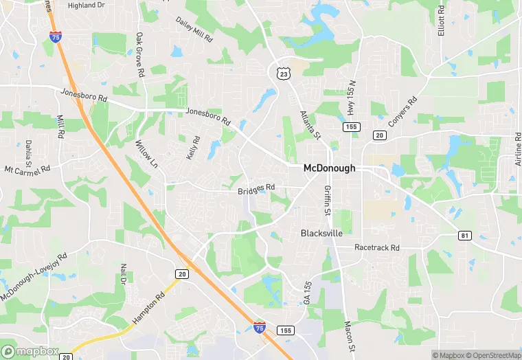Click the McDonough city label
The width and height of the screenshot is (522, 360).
point(330,168)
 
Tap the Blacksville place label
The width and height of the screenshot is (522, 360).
point(321,234)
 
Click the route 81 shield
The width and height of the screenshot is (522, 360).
point(466,236)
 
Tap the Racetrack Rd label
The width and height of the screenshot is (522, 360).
point(376,247)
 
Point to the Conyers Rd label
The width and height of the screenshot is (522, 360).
point(402,113)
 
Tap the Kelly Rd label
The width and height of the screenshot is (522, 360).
point(194,148)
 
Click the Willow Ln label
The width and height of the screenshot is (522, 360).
point(146,155)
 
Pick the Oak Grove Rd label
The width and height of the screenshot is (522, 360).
point(140,54)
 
